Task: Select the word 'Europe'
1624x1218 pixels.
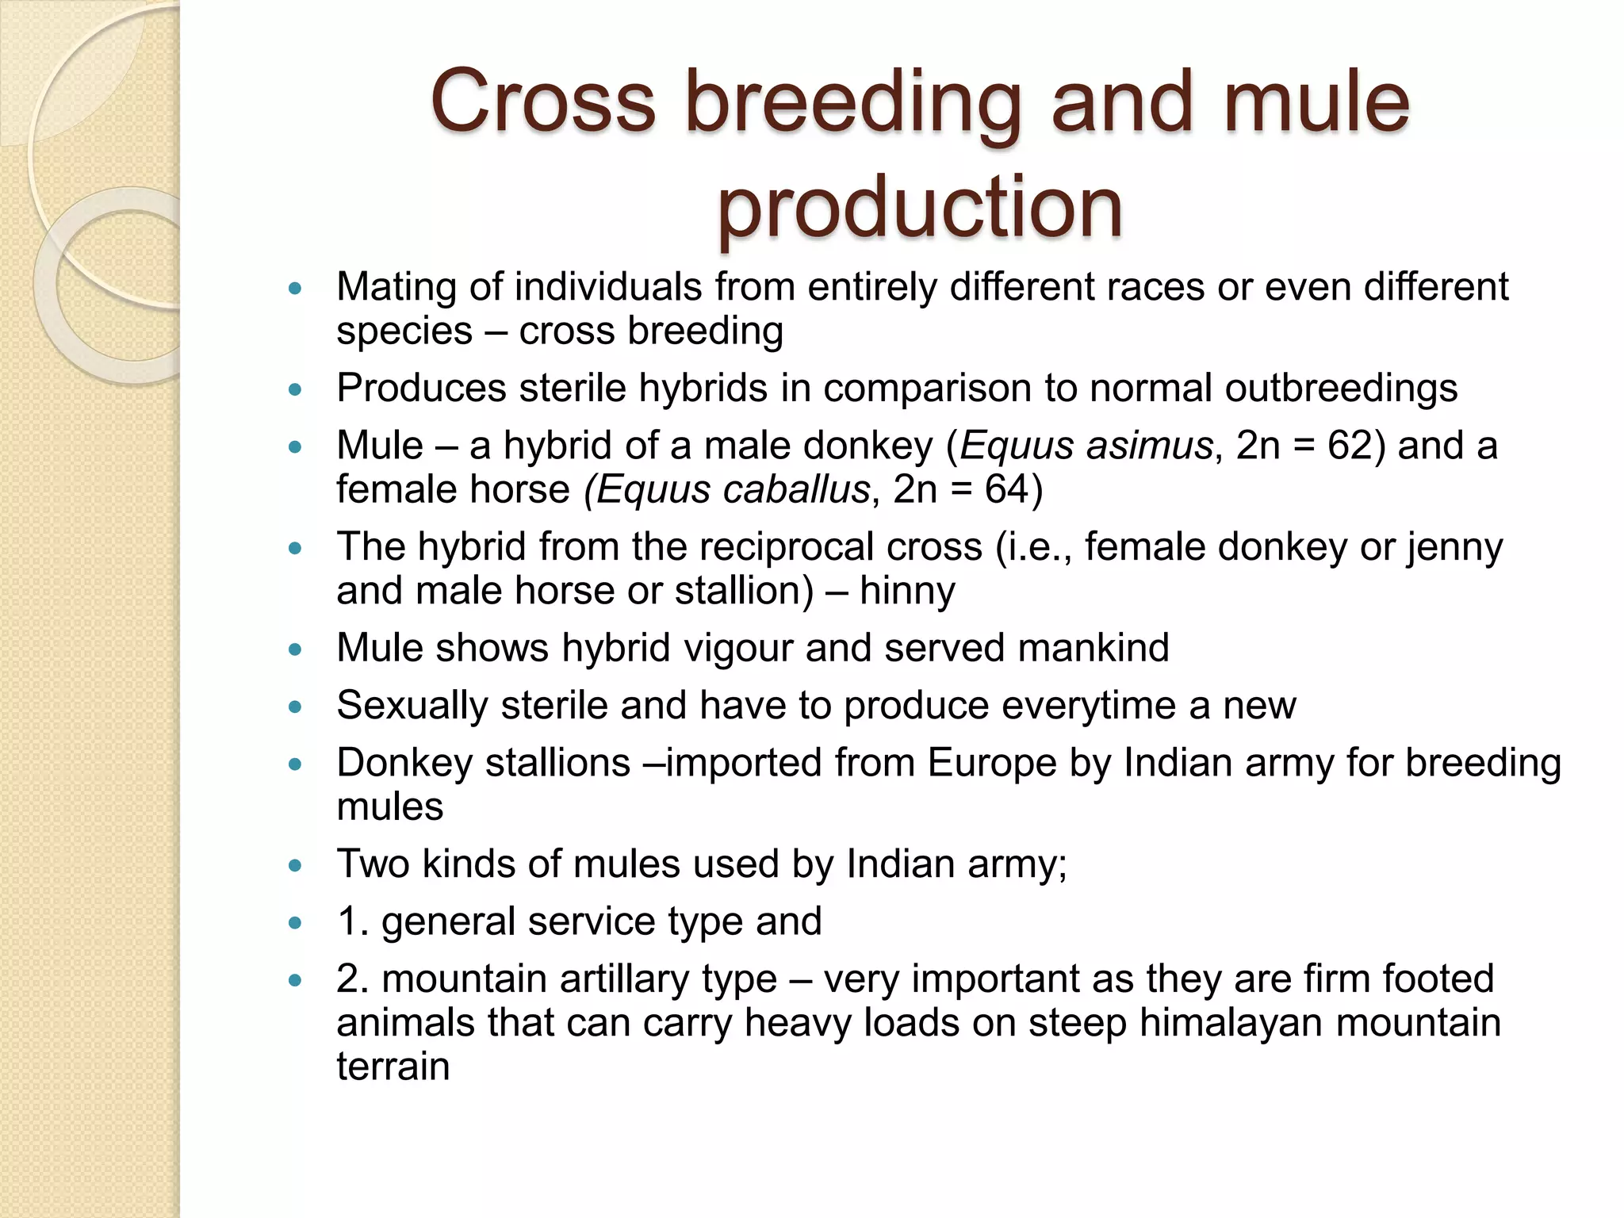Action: [992, 763]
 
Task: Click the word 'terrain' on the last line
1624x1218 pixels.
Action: [393, 1066]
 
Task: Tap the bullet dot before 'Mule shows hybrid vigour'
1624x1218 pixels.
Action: [296, 649]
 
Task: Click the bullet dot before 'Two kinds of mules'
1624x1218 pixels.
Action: [296, 865]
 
